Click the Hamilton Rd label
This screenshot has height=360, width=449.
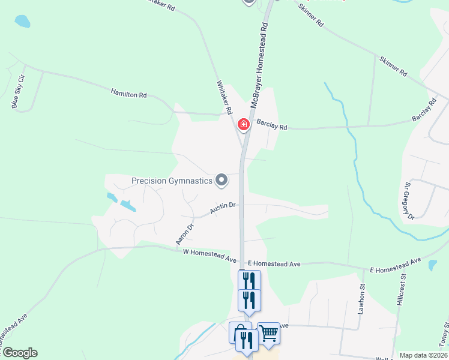[128, 94]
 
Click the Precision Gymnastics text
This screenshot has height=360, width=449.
[172, 181]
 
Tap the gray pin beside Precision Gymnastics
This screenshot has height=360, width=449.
[221, 179]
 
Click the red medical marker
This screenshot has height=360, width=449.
[244, 124]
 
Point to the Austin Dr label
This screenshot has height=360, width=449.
[222, 208]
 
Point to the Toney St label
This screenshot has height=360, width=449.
[444, 333]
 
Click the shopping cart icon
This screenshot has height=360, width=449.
[268, 333]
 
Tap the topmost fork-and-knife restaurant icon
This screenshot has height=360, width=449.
[249, 280]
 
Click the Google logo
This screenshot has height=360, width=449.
[19, 353]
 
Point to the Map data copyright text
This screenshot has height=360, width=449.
[423, 355]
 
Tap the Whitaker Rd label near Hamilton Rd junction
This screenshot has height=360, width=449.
[224, 98]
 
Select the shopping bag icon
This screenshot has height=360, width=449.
[240, 332]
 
